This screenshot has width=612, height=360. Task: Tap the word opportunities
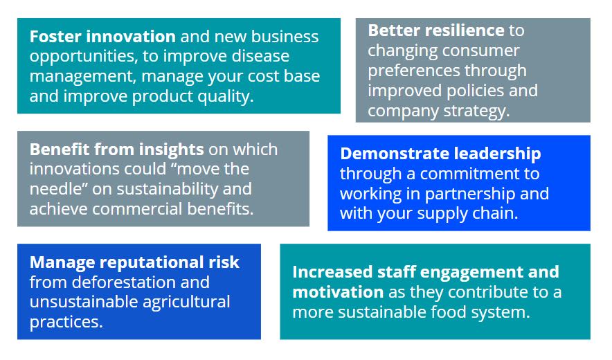84,57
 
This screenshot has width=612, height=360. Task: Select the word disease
261,56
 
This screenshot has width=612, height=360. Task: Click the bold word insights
171,150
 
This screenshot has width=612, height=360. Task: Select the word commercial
137,209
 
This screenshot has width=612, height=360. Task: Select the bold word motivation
338,292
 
